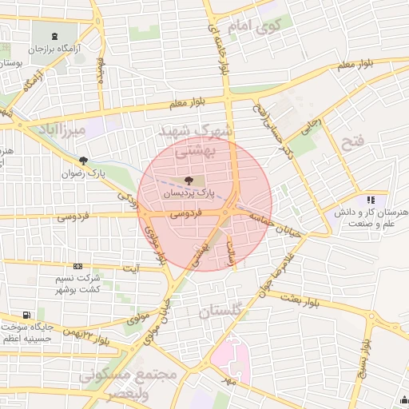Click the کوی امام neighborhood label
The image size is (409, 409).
(x=253, y=26)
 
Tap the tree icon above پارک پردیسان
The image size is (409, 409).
(x=189, y=181)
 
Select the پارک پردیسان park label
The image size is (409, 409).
(x=189, y=193)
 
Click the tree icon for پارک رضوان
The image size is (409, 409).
(x=83, y=161)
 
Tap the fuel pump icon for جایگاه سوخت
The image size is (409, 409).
(x=29, y=315)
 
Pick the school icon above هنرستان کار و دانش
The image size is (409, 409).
(x=370, y=201)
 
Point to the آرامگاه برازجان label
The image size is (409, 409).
(x=58, y=50)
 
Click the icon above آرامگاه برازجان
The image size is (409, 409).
(x=54, y=37)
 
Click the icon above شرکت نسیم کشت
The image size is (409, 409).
(x=77, y=266)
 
